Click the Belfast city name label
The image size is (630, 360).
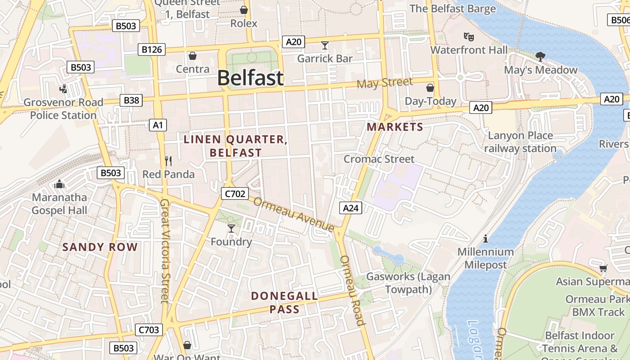coord(250,78)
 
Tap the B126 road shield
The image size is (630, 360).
coord(152,49)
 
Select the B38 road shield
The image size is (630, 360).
coord(131,100)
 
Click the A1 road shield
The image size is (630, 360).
coord(158,125)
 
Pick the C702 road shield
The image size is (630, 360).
coord(234,193)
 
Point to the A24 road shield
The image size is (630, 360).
coord(351,207)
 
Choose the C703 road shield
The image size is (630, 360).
coord(148,330)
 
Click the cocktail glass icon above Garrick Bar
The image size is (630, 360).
coord(325,45)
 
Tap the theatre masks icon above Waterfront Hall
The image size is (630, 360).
coord(468,36)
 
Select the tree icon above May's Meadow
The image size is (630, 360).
coord(540,56)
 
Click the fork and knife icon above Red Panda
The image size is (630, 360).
coord(168,161)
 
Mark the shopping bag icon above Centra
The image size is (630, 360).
coord(193,55)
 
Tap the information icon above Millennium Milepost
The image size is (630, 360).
coord(485,238)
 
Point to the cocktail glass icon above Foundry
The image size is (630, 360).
coord(231,228)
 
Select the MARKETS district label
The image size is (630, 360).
coord(395,127)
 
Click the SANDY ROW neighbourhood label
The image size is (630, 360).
coord(100,247)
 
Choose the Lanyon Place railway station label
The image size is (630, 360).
coord(520,142)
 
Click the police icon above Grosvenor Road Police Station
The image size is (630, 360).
coord(63,89)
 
